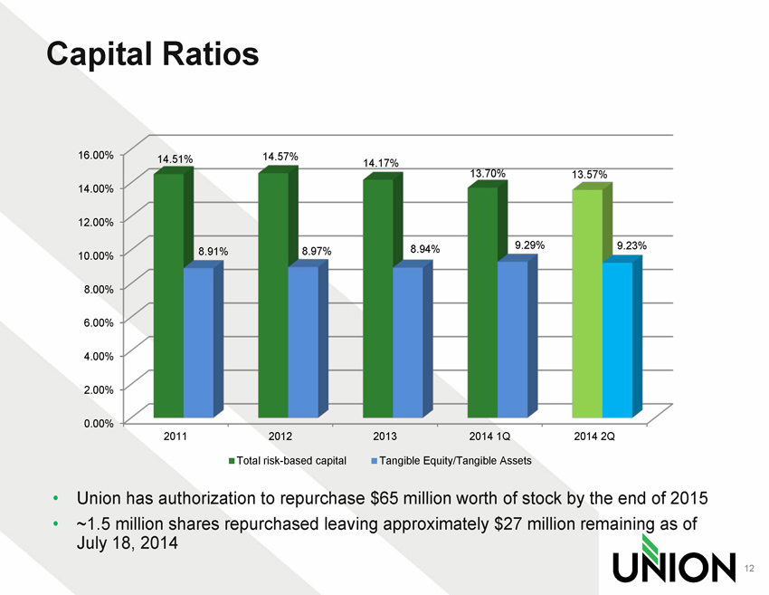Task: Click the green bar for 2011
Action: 169,294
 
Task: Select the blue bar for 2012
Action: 303,341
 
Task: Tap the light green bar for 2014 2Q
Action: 587,303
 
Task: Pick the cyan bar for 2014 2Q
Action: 617,340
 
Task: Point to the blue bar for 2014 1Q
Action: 512,339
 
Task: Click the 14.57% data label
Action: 280,157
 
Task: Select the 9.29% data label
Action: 529,245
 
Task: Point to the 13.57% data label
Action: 589,174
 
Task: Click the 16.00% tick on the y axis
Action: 94,154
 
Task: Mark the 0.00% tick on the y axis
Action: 96,423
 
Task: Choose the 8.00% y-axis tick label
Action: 96,288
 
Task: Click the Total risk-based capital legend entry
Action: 288,461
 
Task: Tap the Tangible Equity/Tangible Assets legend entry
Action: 451,461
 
